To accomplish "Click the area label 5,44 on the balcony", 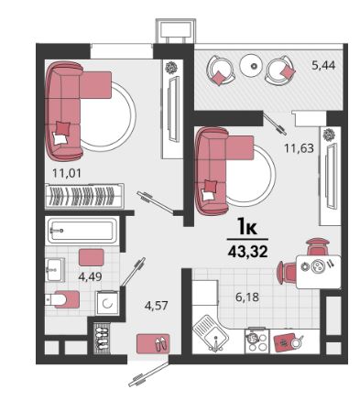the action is click(323, 65).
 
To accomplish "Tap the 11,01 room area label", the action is click(67, 174).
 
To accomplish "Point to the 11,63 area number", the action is click(299, 148).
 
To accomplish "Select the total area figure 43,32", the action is click(247, 252).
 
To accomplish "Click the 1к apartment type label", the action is click(247, 227).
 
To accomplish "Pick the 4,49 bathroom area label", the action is click(90, 276).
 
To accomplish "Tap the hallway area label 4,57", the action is click(157, 305).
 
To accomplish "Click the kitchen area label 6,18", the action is click(247, 297).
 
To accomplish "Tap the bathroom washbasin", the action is click(55, 269).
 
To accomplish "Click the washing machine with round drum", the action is click(107, 303).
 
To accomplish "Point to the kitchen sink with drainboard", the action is click(211, 334).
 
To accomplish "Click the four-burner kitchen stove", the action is click(256, 341).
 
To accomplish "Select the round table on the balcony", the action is click(251, 65).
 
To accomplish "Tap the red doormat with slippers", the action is click(153, 343).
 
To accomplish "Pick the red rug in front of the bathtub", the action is click(92, 257).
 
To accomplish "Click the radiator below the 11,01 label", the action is click(84, 196).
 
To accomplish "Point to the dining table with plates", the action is click(319, 272).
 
